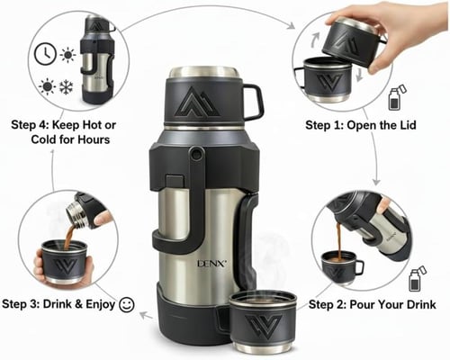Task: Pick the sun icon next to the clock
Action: (x=67, y=55)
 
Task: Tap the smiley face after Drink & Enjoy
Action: (x=127, y=305)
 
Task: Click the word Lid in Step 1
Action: (x=411, y=125)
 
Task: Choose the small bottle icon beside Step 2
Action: (x=417, y=278)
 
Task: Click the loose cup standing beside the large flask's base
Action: (x=262, y=321)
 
